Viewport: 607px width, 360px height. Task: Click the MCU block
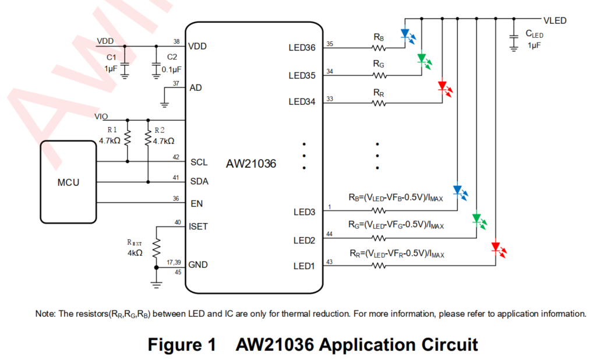(69, 182)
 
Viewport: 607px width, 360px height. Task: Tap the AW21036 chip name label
(251, 164)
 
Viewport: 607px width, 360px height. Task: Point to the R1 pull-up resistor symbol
(128, 138)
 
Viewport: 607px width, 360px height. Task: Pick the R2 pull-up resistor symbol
(148, 138)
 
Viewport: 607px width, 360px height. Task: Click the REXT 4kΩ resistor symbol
(156, 249)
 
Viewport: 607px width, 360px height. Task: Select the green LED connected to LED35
(424, 61)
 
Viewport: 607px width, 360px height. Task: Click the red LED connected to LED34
(445, 89)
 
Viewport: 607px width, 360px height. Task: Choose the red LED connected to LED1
(499, 249)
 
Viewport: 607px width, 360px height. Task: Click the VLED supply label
(555, 20)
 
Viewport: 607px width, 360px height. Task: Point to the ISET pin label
(198, 227)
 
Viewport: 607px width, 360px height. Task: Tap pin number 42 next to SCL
(176, 157)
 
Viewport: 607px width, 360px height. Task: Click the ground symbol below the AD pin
(164, 104)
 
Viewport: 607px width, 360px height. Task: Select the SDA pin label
(199, 181)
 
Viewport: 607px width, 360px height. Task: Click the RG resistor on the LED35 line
(379, 76)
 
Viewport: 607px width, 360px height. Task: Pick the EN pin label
(197, 204)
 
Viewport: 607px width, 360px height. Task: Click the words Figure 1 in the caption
(182, 344)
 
